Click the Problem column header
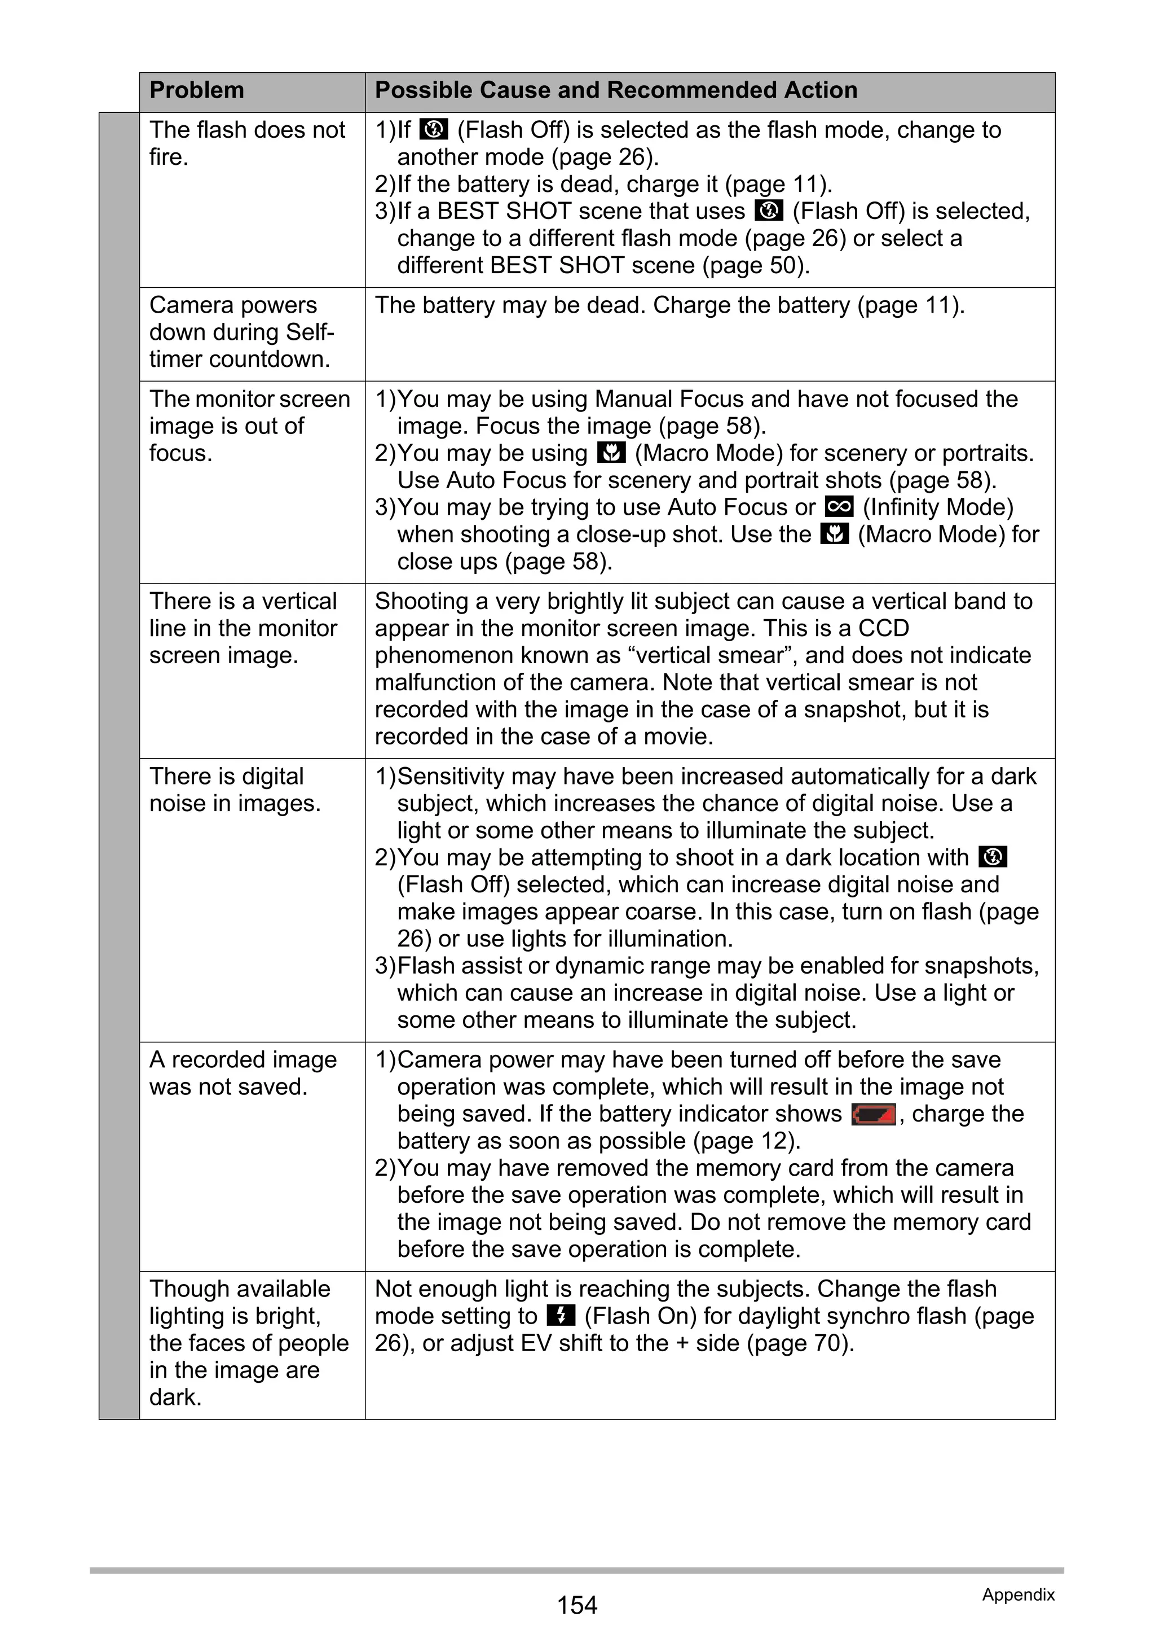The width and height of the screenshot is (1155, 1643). tap(197, 91)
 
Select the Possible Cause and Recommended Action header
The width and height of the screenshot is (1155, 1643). tap(616, 91)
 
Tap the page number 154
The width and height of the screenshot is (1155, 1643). tap(576, 1605)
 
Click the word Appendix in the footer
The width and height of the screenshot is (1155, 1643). tap(1018, 1594)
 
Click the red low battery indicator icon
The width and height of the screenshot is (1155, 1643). tap(873, 1115)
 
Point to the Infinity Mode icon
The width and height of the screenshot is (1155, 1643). tap(839, 507)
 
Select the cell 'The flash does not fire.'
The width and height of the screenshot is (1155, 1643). tap(246, 143)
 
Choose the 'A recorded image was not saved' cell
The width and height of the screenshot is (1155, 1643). tap(243, 1073)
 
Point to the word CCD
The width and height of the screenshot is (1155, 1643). tap(883, 628)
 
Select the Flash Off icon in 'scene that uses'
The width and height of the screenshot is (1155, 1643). tap(769, 211)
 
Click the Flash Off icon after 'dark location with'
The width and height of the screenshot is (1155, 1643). tap(992, 857)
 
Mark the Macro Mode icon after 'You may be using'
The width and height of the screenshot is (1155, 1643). tap(610, 453)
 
